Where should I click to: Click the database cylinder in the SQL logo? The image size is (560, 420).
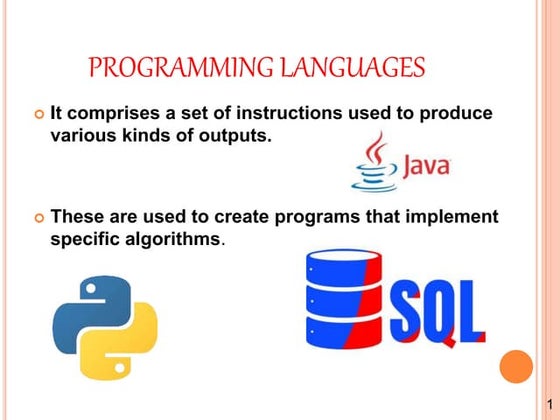[x=342, y=299]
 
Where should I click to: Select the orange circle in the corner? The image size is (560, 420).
[x=518, y=366]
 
